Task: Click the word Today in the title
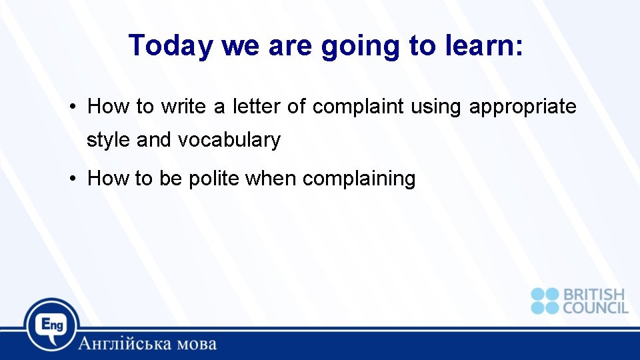171,45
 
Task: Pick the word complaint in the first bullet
358,107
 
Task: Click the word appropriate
523,107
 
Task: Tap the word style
109,141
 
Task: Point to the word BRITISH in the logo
594,294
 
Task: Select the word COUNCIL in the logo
595,307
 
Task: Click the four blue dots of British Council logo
545,301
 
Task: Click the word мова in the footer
195,344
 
